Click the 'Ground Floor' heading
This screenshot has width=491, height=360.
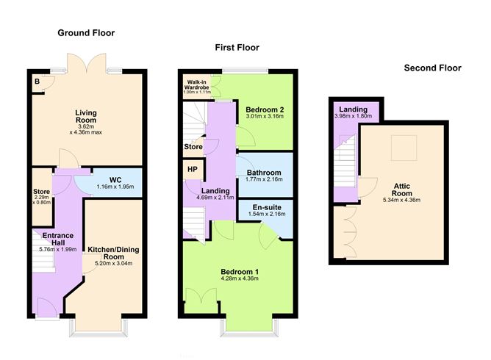tap(87, 33)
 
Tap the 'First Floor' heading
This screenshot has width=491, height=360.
tap(237, 48)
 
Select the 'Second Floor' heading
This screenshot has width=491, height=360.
tap(432, 68)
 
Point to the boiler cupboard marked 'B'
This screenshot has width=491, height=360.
tap(37, 82)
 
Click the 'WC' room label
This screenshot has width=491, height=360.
tap(115, 179)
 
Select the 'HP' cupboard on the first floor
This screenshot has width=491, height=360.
tap(192, 170)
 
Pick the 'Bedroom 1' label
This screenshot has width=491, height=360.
tap(240, 272)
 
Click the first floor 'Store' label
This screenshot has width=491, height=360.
tap(193, 147)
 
